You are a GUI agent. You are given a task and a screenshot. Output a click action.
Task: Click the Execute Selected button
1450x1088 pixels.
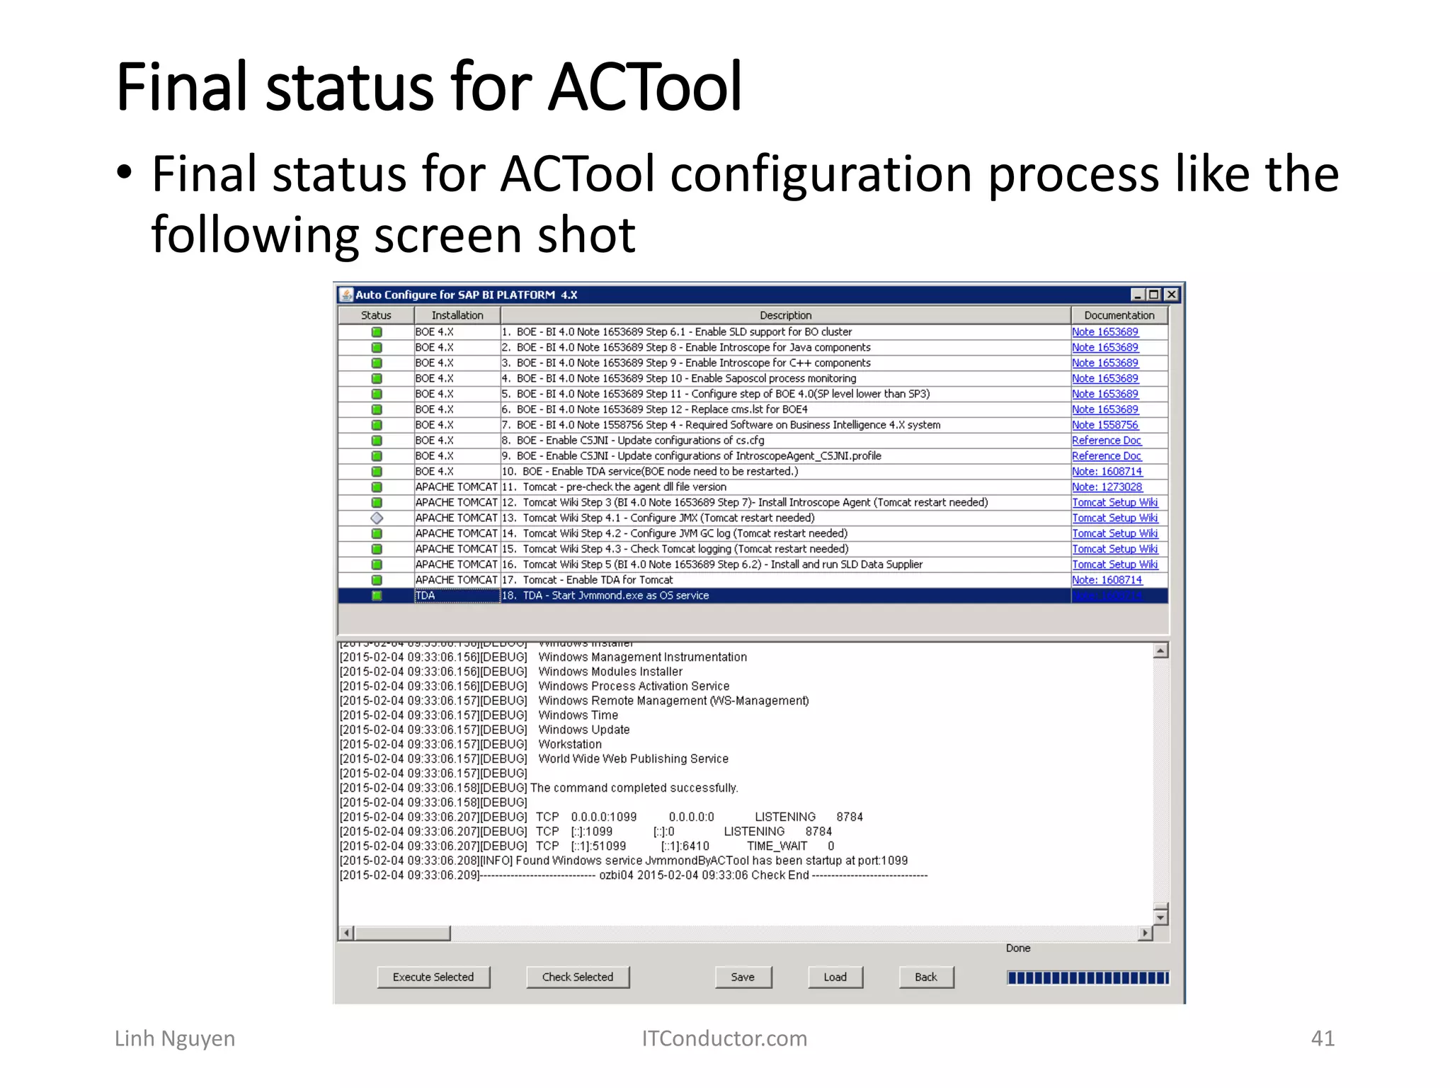point(433,977)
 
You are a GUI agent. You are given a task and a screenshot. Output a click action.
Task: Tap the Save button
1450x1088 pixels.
point(743,977)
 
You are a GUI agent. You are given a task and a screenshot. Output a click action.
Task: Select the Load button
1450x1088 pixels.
point(835,977)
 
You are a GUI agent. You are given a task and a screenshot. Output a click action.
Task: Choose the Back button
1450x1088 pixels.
point(925,977)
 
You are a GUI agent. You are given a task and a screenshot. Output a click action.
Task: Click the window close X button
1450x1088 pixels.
point(1172,295)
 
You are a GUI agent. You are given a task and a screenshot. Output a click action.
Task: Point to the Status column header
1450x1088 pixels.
point(376,315)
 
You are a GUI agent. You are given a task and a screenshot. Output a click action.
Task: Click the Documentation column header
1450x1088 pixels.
point(1119,315)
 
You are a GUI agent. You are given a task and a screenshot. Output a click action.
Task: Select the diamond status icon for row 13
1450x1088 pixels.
point(377,518)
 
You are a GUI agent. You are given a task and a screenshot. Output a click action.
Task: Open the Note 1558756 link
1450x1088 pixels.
point(1104,425)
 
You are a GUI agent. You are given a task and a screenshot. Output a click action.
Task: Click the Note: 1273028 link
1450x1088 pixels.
point(1107,487)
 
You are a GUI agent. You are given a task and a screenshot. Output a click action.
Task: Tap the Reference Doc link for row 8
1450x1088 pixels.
point(1106,441)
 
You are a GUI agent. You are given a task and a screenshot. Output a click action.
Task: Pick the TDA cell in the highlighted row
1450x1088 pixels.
point(457,596)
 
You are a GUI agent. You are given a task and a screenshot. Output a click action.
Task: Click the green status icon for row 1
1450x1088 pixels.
point(377,332)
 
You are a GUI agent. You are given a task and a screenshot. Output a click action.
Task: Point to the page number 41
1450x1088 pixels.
point(1323,1038)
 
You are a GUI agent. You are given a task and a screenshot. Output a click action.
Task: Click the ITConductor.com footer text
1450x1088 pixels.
point(724,1038)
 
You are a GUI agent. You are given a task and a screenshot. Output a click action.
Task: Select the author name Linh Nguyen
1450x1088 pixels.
point(175,1038)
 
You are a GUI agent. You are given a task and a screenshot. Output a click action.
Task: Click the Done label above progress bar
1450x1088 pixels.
point(1018,948)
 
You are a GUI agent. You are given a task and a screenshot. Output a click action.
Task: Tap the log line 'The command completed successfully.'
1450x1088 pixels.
point(634,788)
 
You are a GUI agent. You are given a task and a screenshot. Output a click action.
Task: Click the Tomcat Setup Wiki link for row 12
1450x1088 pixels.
point(1114,502)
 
